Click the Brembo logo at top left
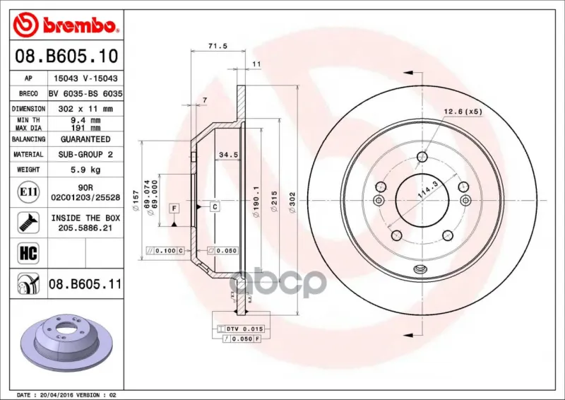[66, 25]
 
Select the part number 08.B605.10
[66, 56]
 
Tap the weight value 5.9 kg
[85, 170]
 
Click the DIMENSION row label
[28, 109]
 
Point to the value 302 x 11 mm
[85, 109]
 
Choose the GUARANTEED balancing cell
[85, 139]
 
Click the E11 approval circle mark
[28, 192]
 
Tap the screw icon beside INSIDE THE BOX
[28, 223]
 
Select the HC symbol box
[28, 253]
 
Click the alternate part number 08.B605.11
[85, 284]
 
